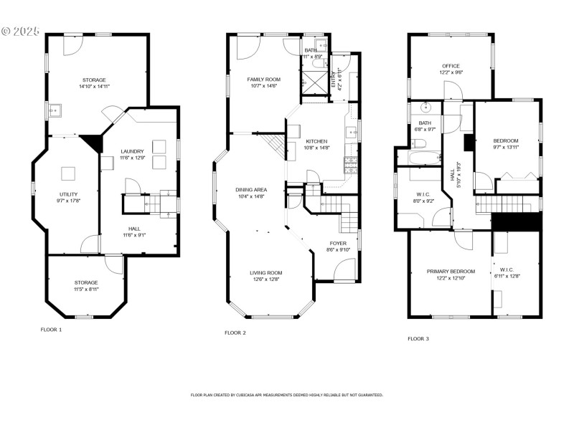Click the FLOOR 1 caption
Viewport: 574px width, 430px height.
click(x=51, y=330)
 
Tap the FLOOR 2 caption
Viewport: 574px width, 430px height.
click(x=235, y=333)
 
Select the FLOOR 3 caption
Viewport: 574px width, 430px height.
click(x=418, y=338)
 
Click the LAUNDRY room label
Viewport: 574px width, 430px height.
click(x=132, y=151)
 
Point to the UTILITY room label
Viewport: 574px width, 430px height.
click(x=68, y=194)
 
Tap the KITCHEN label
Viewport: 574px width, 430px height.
click(x=316, y=141)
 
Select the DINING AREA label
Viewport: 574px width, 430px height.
click(x=250, y=190)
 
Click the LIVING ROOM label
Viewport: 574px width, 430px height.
click(x=265, y=273)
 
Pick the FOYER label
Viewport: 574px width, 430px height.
click(x=338, y=244)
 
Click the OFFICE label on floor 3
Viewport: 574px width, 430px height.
click(x=451, y=66)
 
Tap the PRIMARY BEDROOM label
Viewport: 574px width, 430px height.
click(x=451, y=271)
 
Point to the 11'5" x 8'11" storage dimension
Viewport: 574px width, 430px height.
click(x=85, y=290)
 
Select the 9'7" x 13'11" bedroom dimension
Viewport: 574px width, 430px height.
click(x=505, y=146)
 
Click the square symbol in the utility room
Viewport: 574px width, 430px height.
click(x=68, y=173)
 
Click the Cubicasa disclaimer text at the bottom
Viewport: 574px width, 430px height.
click(x=286, y=395)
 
